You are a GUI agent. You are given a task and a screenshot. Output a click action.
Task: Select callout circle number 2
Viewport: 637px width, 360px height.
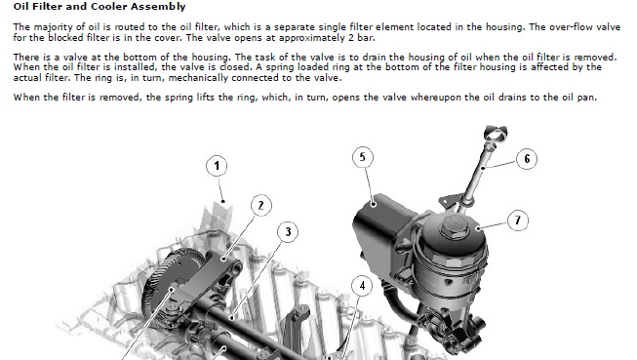point(260,205)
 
